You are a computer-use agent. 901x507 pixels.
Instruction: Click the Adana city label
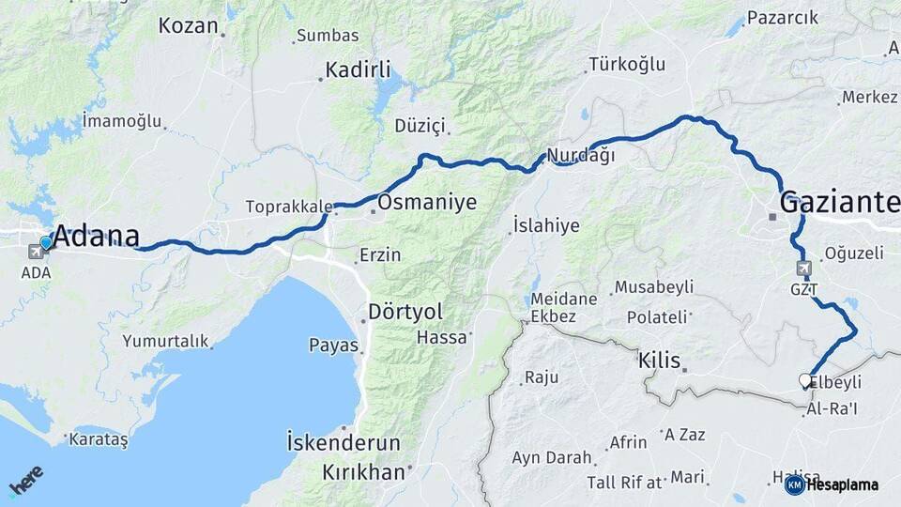(x=98, y=236)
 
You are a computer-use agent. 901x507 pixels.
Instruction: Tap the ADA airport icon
(x=37, y=251)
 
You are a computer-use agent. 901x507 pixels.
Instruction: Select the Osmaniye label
(x=427, y=202)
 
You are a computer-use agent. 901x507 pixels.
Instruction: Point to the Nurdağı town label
(x=580, y=156)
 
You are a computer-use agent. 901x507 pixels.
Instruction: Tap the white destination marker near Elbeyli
(x=805, y=380)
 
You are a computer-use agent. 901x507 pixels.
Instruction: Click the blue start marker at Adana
(x=45, y=242)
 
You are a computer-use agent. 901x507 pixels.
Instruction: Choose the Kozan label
(x=188, y=25)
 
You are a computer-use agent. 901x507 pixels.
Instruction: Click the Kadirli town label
(x=358, y=69)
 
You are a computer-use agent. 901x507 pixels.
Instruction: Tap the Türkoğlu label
(x=626, y=64)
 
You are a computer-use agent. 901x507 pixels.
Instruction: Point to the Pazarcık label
(x=783, y=18)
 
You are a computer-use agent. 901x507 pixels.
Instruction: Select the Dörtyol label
(x=405, y=311)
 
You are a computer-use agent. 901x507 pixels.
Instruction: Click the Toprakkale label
(x=288, y=206)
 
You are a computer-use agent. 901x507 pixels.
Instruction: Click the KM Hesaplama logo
(x=832, y=484)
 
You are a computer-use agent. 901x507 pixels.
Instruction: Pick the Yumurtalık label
(x=165, y=341)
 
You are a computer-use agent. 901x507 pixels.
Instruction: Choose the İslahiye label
(x=546, y=225)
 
